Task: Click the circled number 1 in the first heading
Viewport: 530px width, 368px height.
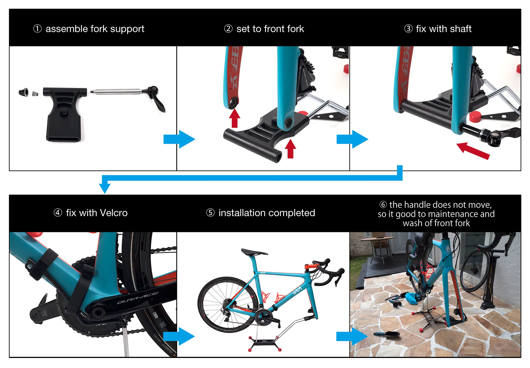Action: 37,29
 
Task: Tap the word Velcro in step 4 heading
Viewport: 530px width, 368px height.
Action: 114,213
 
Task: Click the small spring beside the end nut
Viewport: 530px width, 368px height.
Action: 35,94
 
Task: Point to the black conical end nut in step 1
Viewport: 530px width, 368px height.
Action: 23,92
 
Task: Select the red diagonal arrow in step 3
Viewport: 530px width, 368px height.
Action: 473,151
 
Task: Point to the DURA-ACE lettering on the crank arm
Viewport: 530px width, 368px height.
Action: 138,298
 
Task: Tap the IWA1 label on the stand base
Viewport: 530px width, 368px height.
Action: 264,341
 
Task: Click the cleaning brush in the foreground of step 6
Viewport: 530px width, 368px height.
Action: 388,335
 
